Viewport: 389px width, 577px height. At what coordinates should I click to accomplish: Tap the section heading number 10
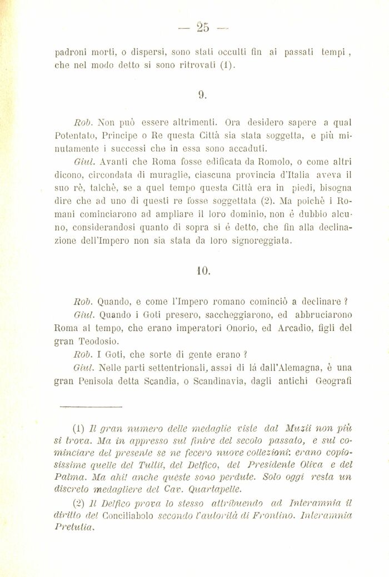tap(203, 271)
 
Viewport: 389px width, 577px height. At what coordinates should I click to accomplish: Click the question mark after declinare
tap(346, 301)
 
